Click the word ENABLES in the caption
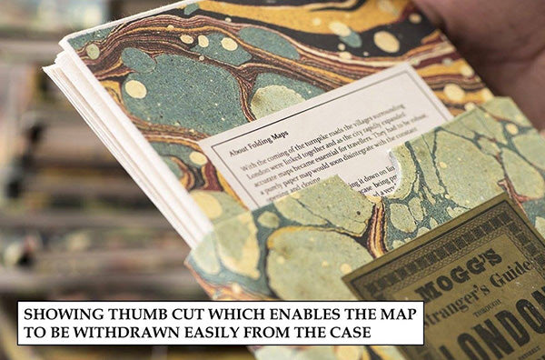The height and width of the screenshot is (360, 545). [263, 315]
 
